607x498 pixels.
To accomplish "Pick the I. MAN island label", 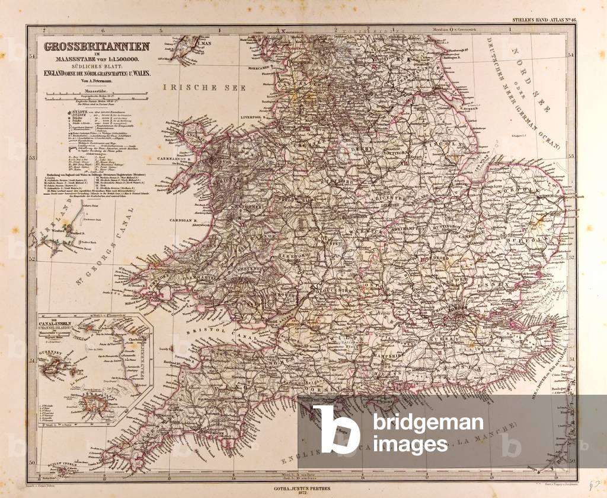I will [x=204, y=43].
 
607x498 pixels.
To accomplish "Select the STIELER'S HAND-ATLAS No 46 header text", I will [x=540, y=20].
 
